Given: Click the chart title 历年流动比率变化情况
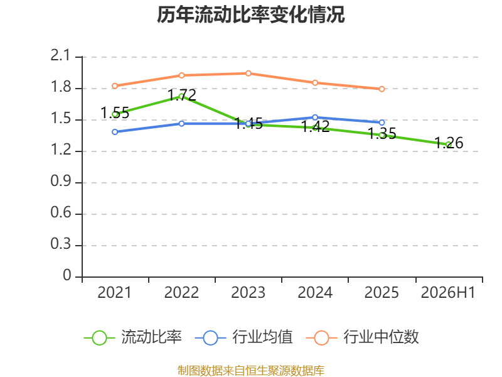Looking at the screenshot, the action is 250,14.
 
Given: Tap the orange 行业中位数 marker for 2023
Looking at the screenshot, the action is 248,74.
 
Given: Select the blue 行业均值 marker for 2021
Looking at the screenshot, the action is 115,132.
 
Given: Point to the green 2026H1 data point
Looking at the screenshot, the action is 448,145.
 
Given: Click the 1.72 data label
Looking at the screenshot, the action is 181,95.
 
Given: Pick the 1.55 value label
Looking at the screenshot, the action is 115,113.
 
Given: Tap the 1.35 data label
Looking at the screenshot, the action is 382,133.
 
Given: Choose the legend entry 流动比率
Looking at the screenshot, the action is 132,337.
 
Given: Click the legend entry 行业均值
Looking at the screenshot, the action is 243,337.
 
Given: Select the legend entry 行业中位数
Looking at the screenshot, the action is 362,337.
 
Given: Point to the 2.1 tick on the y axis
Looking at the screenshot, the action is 60,55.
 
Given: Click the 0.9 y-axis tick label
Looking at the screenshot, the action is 60,181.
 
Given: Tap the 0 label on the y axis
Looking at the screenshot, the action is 67,275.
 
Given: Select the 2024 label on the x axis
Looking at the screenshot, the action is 315,292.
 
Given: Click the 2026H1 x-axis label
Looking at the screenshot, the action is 448,292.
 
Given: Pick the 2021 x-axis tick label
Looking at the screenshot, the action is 115,292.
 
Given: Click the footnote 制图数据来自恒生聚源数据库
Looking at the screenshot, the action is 251,371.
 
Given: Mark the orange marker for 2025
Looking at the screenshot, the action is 382,89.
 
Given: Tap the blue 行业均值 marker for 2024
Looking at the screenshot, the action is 315,117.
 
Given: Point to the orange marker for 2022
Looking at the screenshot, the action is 181,75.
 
